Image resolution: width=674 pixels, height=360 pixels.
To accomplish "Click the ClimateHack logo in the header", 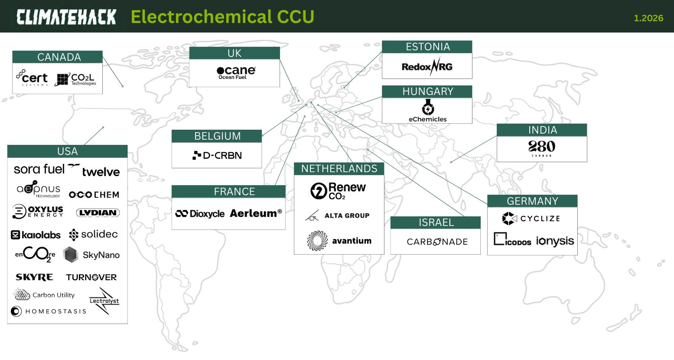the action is (x=66, y=17).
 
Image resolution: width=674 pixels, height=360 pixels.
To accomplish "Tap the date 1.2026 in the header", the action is (x=648, y=18).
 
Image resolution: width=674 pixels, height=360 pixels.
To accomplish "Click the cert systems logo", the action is (x=32, y=78).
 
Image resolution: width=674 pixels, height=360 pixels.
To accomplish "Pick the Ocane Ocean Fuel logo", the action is (x=236, y=72).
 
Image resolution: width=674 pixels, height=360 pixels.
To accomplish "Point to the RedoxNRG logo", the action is (x=427, y=66).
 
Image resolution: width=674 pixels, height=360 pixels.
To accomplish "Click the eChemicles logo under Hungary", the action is (x=427, y=111).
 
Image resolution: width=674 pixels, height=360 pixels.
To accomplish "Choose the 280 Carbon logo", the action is (x=542, y=148).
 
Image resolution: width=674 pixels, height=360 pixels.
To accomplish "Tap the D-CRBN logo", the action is (x=217, y=155).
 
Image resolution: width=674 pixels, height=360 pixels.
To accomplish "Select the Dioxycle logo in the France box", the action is (x=200, y=214).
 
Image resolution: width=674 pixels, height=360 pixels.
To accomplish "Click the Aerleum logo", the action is (x=256, y=213).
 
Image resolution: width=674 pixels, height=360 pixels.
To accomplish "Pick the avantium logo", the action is (x=339, y=241).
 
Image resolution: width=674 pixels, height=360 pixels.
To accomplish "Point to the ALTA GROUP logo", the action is (x=337, y=216).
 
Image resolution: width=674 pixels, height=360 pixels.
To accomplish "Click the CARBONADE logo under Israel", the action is (x=437, y=242).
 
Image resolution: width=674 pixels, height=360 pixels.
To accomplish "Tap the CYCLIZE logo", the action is (x=531, y=219).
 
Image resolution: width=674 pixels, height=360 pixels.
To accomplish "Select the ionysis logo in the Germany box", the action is (x=555, y=241).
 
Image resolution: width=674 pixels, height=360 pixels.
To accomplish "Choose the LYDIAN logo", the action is (x=98, y=213).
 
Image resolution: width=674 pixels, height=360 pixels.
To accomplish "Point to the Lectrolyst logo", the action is (x=104, y=301).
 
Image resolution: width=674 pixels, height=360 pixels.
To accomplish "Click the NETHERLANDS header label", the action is (x=339, y=169).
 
